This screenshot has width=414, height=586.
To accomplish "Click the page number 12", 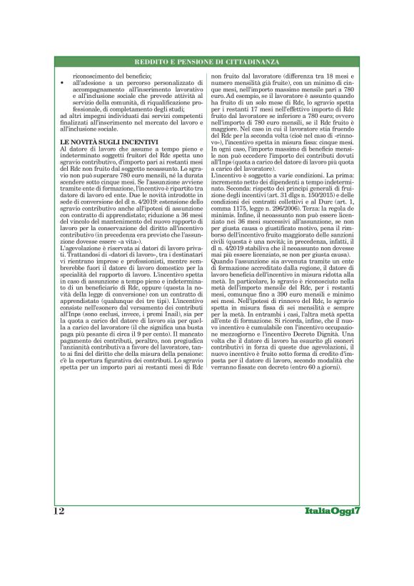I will click(x=59, y=511).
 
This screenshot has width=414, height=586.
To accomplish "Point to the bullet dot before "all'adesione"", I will click(x=64, y=84).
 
